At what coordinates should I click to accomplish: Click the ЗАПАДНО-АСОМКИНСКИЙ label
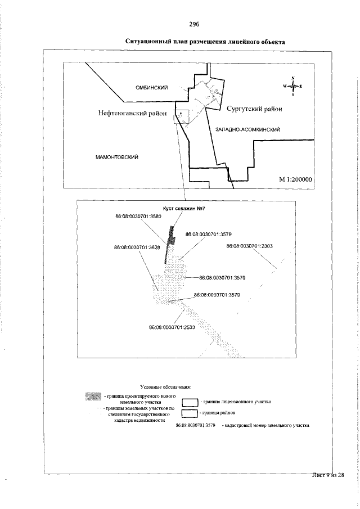248,129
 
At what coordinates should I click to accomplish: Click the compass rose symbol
293,86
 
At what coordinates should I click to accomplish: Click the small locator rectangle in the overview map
182,115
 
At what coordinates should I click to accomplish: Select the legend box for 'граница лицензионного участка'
191,402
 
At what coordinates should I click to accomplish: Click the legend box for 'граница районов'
191,414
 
